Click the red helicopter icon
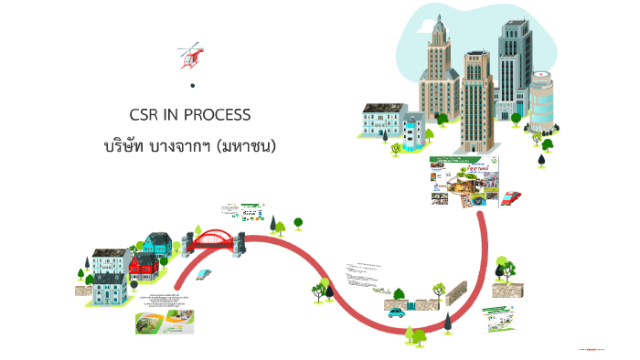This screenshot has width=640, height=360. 191,56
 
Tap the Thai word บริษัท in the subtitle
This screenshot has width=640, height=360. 127,145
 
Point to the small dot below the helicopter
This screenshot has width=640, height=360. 193,86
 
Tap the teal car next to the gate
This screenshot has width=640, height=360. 397,312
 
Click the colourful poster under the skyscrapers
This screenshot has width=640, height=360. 464,181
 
